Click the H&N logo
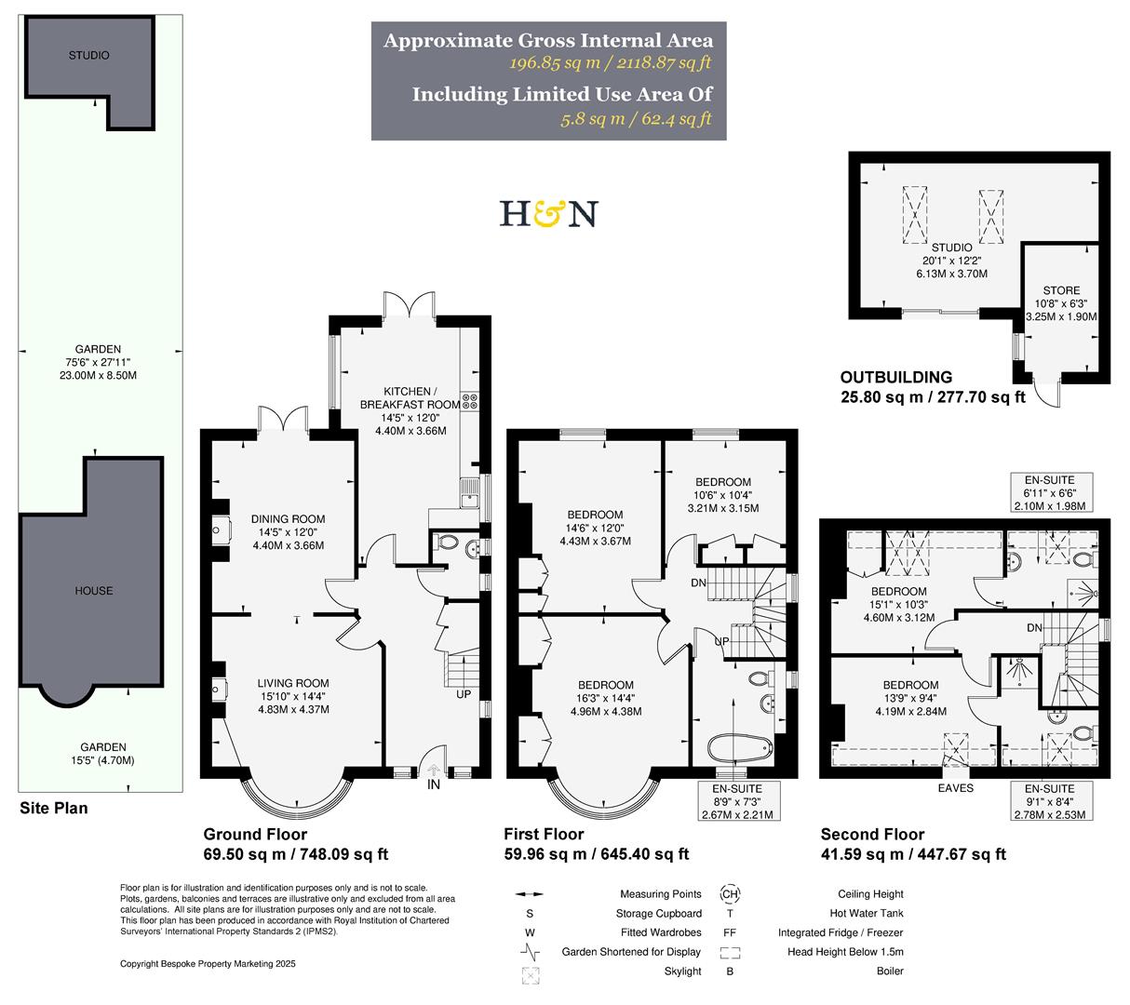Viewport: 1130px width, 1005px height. click(x=548, y=213)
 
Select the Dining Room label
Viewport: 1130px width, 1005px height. click(x=288, y=519)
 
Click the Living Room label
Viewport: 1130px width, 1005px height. click(x=293, y=684)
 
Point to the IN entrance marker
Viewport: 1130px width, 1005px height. click(x=433, y=785)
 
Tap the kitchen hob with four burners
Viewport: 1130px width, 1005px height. click(x=470, y=403)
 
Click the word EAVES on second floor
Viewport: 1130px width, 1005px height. click(x=955, y=788)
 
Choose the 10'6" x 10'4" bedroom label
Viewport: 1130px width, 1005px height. click(x=722, y=482)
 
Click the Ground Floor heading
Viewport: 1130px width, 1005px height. click(x=255, y=835)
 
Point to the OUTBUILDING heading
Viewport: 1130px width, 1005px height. click(x=895, y=378)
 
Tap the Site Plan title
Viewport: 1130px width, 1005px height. click(x=54, y=808)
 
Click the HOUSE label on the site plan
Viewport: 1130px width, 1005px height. click(x=93, y=591)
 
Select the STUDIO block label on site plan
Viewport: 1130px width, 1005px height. click(x=88, y=56)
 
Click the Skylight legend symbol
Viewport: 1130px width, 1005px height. click(x=532, y=975)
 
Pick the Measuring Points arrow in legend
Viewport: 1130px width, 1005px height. click(x=530, y=895)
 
